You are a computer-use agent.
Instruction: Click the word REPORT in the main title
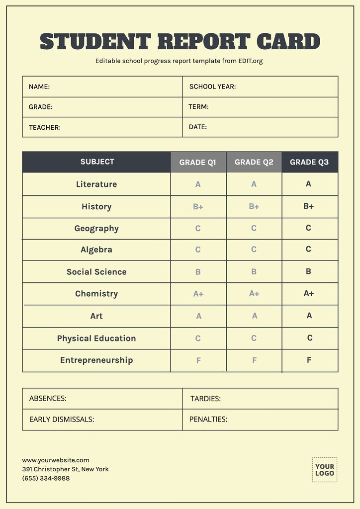204,41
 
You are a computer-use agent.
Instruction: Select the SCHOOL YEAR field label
212,86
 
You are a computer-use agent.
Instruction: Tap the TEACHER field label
45,127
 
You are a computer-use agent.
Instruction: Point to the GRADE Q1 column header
198,162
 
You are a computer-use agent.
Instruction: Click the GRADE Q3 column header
309,162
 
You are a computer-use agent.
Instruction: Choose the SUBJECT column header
97,162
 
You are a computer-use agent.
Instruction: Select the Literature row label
96,184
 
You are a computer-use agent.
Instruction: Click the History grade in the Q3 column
309,206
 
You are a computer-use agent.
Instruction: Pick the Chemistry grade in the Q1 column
198,294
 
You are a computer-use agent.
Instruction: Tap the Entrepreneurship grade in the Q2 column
254,360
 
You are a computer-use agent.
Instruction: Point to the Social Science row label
96,272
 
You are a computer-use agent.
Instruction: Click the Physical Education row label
96,339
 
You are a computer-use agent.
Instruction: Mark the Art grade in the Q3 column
309,316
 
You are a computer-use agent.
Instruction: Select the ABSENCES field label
48,399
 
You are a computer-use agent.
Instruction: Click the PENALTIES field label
208,419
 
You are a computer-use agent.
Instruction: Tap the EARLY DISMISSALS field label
62,419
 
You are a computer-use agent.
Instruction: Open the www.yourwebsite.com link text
56,460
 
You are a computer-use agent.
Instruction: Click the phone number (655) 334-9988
46,478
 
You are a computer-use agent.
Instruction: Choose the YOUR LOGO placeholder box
325,470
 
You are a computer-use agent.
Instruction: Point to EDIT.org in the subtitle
250,61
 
